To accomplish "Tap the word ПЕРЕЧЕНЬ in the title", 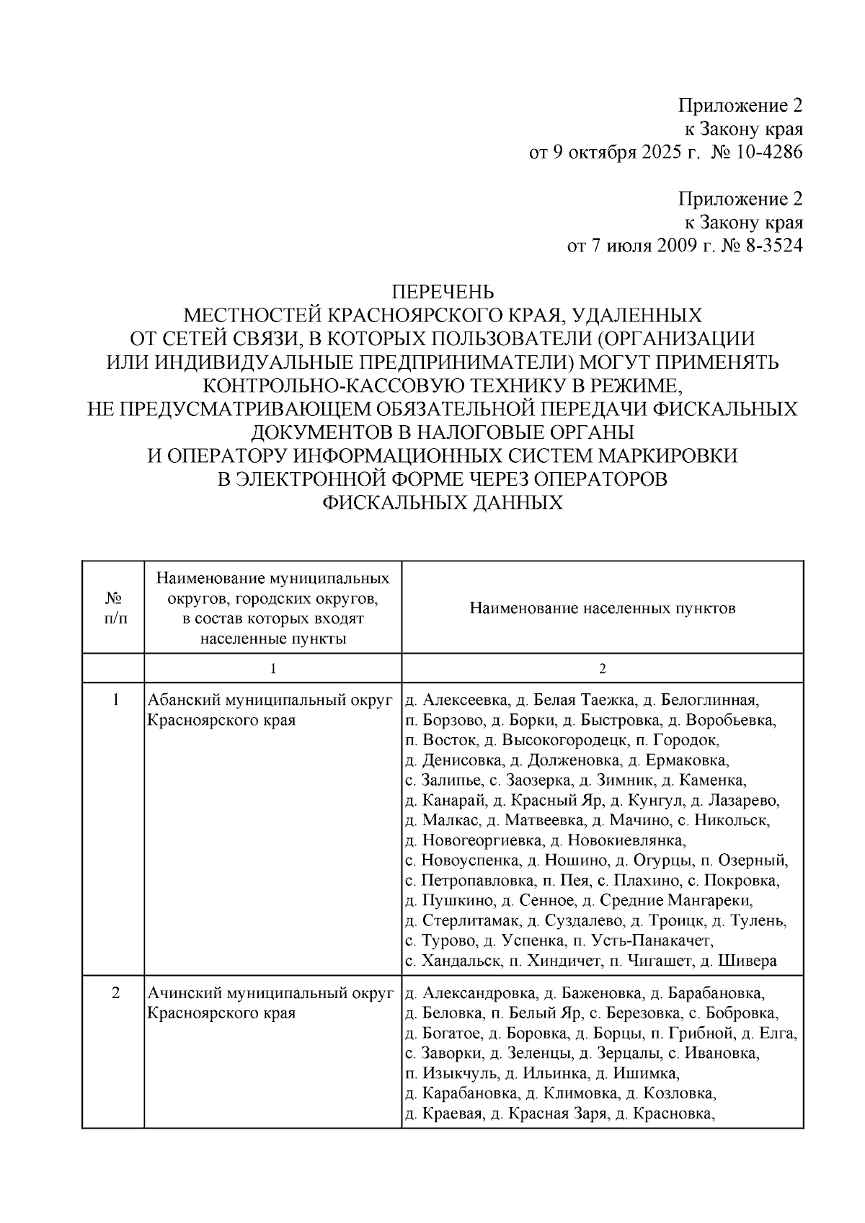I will coord(442,293).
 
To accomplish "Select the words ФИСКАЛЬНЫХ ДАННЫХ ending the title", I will coord(442,503).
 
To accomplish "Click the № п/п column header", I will coord(113,608).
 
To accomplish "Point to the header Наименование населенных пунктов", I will coord(602,608).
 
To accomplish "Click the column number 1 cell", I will coord(272,669).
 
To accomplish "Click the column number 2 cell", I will coord(602,669).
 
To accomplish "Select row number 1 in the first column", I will coord(115,701).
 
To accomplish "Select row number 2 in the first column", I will coord(115,994).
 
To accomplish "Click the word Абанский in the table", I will coord(184,701).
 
